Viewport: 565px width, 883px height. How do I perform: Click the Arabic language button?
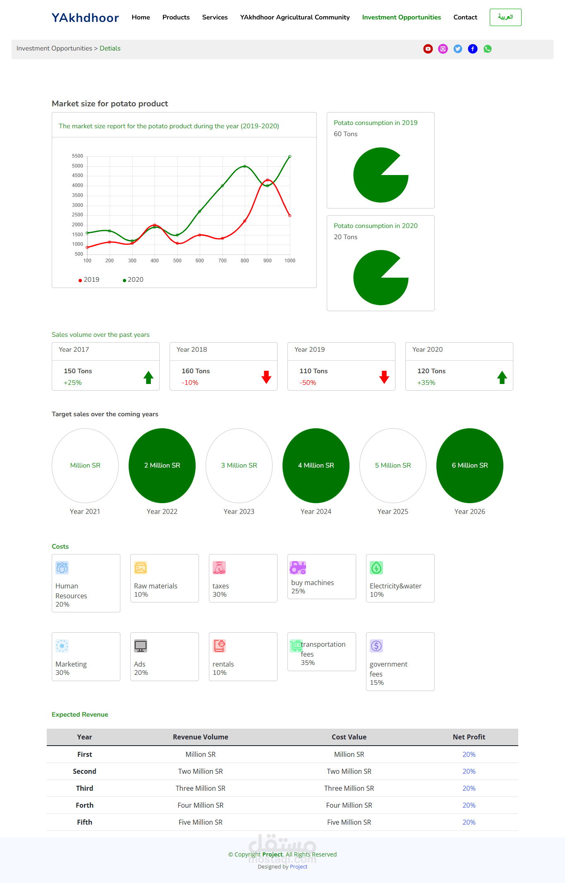[505, 17]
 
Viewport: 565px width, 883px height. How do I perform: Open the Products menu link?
[176, 17]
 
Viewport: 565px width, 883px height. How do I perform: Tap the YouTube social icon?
[428, 49]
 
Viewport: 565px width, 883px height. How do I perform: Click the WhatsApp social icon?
[488, 49]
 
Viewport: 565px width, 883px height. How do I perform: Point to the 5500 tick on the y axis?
[77, 156]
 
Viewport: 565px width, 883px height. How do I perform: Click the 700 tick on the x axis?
[223, 261]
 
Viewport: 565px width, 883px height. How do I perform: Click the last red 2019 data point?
[290, 216]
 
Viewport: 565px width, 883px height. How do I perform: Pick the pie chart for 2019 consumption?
[381, 175]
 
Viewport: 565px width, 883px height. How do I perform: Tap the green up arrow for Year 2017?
[148, 377]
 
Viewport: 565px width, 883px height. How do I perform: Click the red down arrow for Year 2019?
[384, 377]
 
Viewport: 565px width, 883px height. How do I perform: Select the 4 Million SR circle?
[316, 465]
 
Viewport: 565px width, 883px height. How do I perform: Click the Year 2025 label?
[393, 511]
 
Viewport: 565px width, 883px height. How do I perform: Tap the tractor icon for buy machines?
[298, 568]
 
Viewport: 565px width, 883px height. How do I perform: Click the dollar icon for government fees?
[376, 646]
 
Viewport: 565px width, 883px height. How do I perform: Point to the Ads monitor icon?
[141, 646]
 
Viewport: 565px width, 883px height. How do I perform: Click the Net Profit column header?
[469, 737]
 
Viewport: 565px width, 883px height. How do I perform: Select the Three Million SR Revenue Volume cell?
[201, 788]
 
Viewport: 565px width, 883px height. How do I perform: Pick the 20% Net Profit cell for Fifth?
[469, 822]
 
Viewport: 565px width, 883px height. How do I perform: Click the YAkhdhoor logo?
[85, 18]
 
